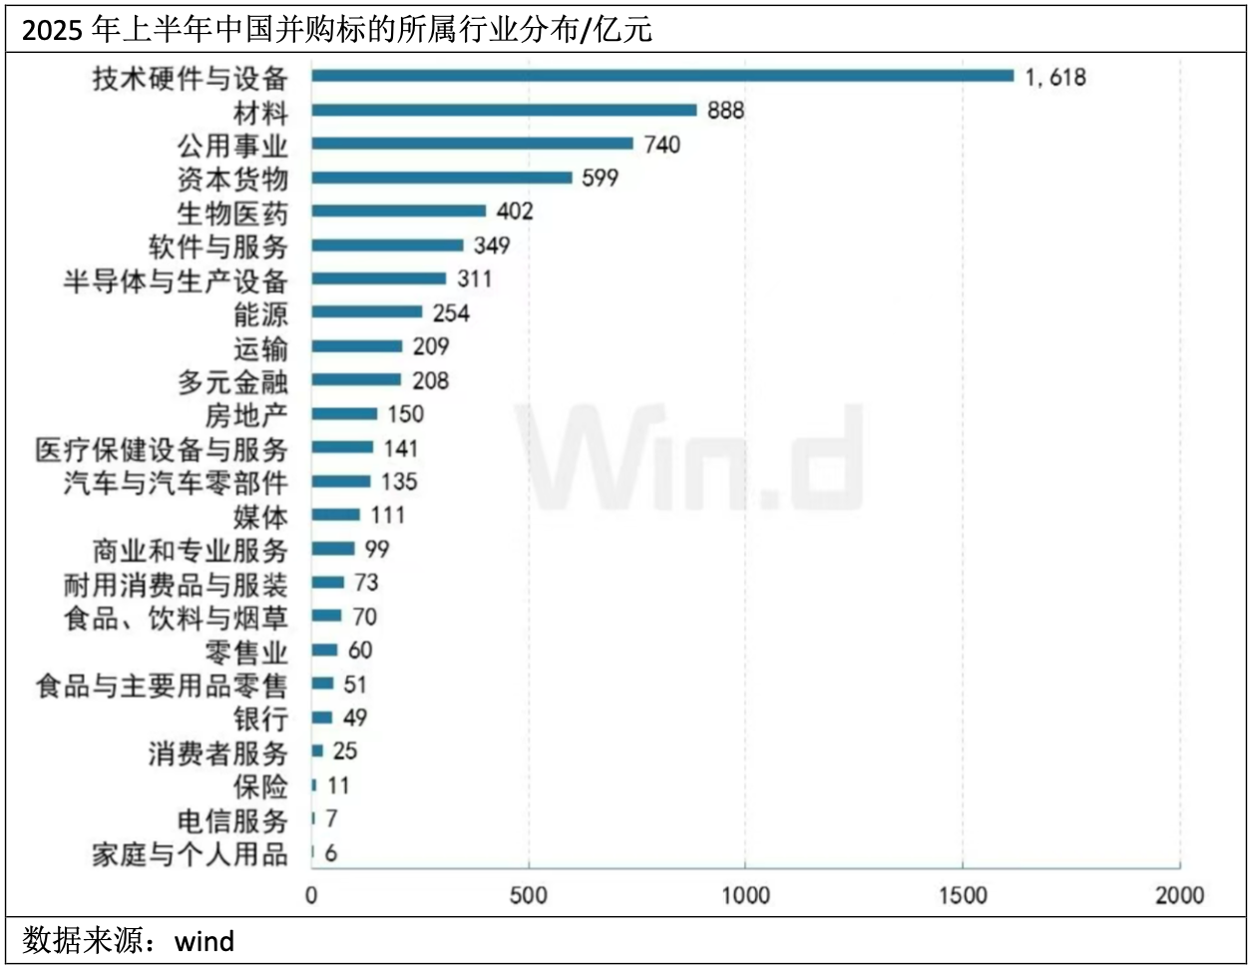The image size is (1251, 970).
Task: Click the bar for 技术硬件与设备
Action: coord(662,76)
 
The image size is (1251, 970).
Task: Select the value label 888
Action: coord(725,110)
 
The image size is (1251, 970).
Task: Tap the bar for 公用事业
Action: coord(472,144)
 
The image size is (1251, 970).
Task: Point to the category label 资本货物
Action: coord(232,179)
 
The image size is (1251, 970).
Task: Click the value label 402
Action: coord(515,212)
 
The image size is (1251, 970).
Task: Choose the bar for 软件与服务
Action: coord(387,245)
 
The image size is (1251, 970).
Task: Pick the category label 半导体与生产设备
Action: coord(176,280)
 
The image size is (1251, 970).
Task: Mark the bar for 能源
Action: coord(366,312)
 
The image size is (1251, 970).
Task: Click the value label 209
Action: coord(431,346)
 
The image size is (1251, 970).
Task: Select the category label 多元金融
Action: coord(232,381)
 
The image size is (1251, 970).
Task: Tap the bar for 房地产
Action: coord(344,414)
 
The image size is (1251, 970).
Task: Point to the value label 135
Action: coord(399,482)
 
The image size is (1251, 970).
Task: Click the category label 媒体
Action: coord(260,517)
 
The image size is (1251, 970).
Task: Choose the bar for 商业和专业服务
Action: coord(332,549)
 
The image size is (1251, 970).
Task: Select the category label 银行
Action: coord(260,719)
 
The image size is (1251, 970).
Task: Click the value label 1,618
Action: coord(1054,77)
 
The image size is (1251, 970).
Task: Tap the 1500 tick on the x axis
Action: coord(963,895)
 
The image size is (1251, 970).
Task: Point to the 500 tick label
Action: coord(529,895)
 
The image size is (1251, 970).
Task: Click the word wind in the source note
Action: coord(205,941)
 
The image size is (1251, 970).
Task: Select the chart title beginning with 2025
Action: coord(336,30)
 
